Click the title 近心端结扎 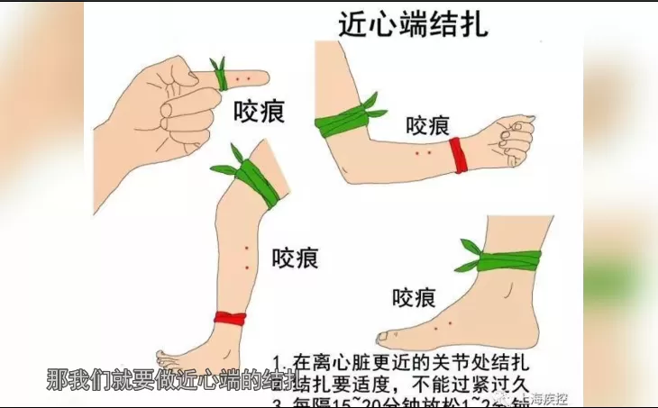coord(412,23)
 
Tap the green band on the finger coord(219,78)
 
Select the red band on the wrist coord(458,155)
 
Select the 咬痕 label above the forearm coord(427,125)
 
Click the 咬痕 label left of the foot coord(415,295)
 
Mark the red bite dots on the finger coord(242,81)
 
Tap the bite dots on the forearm coord(423,152)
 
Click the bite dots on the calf coord(246,258)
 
